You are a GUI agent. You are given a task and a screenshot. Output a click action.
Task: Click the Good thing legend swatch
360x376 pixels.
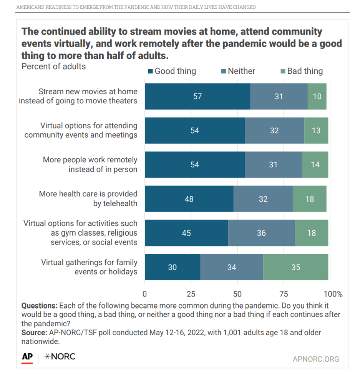click(151, 71)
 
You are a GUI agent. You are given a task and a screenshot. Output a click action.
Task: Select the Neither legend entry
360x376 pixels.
click(238, 71)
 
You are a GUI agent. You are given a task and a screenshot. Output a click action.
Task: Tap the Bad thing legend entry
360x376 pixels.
click(302, 71)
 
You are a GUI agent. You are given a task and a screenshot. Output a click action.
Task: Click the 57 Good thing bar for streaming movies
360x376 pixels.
click(197, 96)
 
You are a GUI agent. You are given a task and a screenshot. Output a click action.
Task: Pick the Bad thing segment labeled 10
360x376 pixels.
click(317, 96)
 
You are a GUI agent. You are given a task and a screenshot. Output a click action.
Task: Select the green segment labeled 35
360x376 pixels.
click(295, 267)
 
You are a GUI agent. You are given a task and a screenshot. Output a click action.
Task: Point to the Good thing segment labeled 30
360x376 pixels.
click(173, 267)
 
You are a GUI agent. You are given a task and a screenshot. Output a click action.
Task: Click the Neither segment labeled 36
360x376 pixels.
click(261, 233)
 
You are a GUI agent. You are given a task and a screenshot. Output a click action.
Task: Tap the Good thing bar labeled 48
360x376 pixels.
click(189, 199)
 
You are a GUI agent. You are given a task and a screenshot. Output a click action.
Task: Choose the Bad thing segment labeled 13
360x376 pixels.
click(316, 131)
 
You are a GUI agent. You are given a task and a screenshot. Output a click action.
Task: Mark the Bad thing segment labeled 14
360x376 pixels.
click(315, 165)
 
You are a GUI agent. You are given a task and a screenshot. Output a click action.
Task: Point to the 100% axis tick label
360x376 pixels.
click(333, 294)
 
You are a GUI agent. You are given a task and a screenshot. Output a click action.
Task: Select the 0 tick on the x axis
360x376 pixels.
click(145, 294)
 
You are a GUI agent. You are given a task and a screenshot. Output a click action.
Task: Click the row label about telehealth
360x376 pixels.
click(88, 198)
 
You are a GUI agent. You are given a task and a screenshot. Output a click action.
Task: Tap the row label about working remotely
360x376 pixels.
click(90, 164)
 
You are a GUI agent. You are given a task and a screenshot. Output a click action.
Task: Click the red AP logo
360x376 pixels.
click(27, 356)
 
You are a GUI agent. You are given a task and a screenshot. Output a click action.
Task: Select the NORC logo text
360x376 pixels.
click(60, 356)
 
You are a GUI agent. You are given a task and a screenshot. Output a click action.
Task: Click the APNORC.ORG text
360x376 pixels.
click(316, 359)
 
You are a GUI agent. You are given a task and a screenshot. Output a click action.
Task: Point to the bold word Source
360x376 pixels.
click(33, 333)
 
